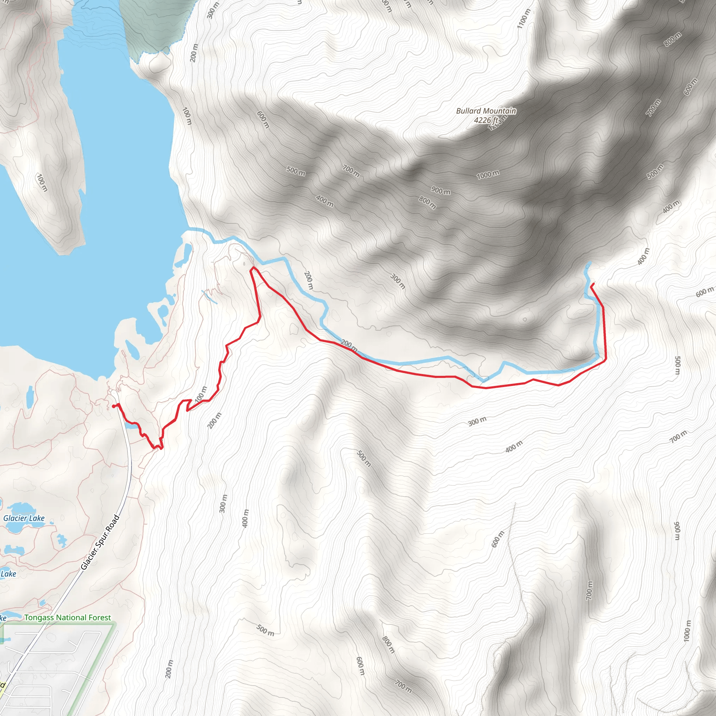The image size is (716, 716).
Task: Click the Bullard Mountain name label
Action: click(x=486, y=111)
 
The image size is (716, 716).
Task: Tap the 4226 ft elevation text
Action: click(x=486, y=120)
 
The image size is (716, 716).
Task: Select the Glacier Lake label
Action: click(x=24, y=518)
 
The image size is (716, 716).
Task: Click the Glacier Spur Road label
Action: click(x=100, y=542)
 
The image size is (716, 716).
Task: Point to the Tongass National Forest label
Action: click(x=67, y=617)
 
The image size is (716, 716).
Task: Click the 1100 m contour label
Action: click(x=524, y=19)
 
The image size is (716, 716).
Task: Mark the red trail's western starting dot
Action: click(x=113, y=406)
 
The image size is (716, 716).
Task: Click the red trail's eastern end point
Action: click(x=594, y=284)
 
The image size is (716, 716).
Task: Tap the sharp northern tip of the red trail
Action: click(x=253, y=267)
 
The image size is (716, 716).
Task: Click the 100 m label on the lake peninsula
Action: click(x=42, y=182)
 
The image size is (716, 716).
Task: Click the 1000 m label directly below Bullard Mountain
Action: click(x=488, y=174)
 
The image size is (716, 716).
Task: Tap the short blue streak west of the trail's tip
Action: click(x=209, y=297)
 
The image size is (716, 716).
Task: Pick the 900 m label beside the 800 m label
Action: click(x=441, y=191)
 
